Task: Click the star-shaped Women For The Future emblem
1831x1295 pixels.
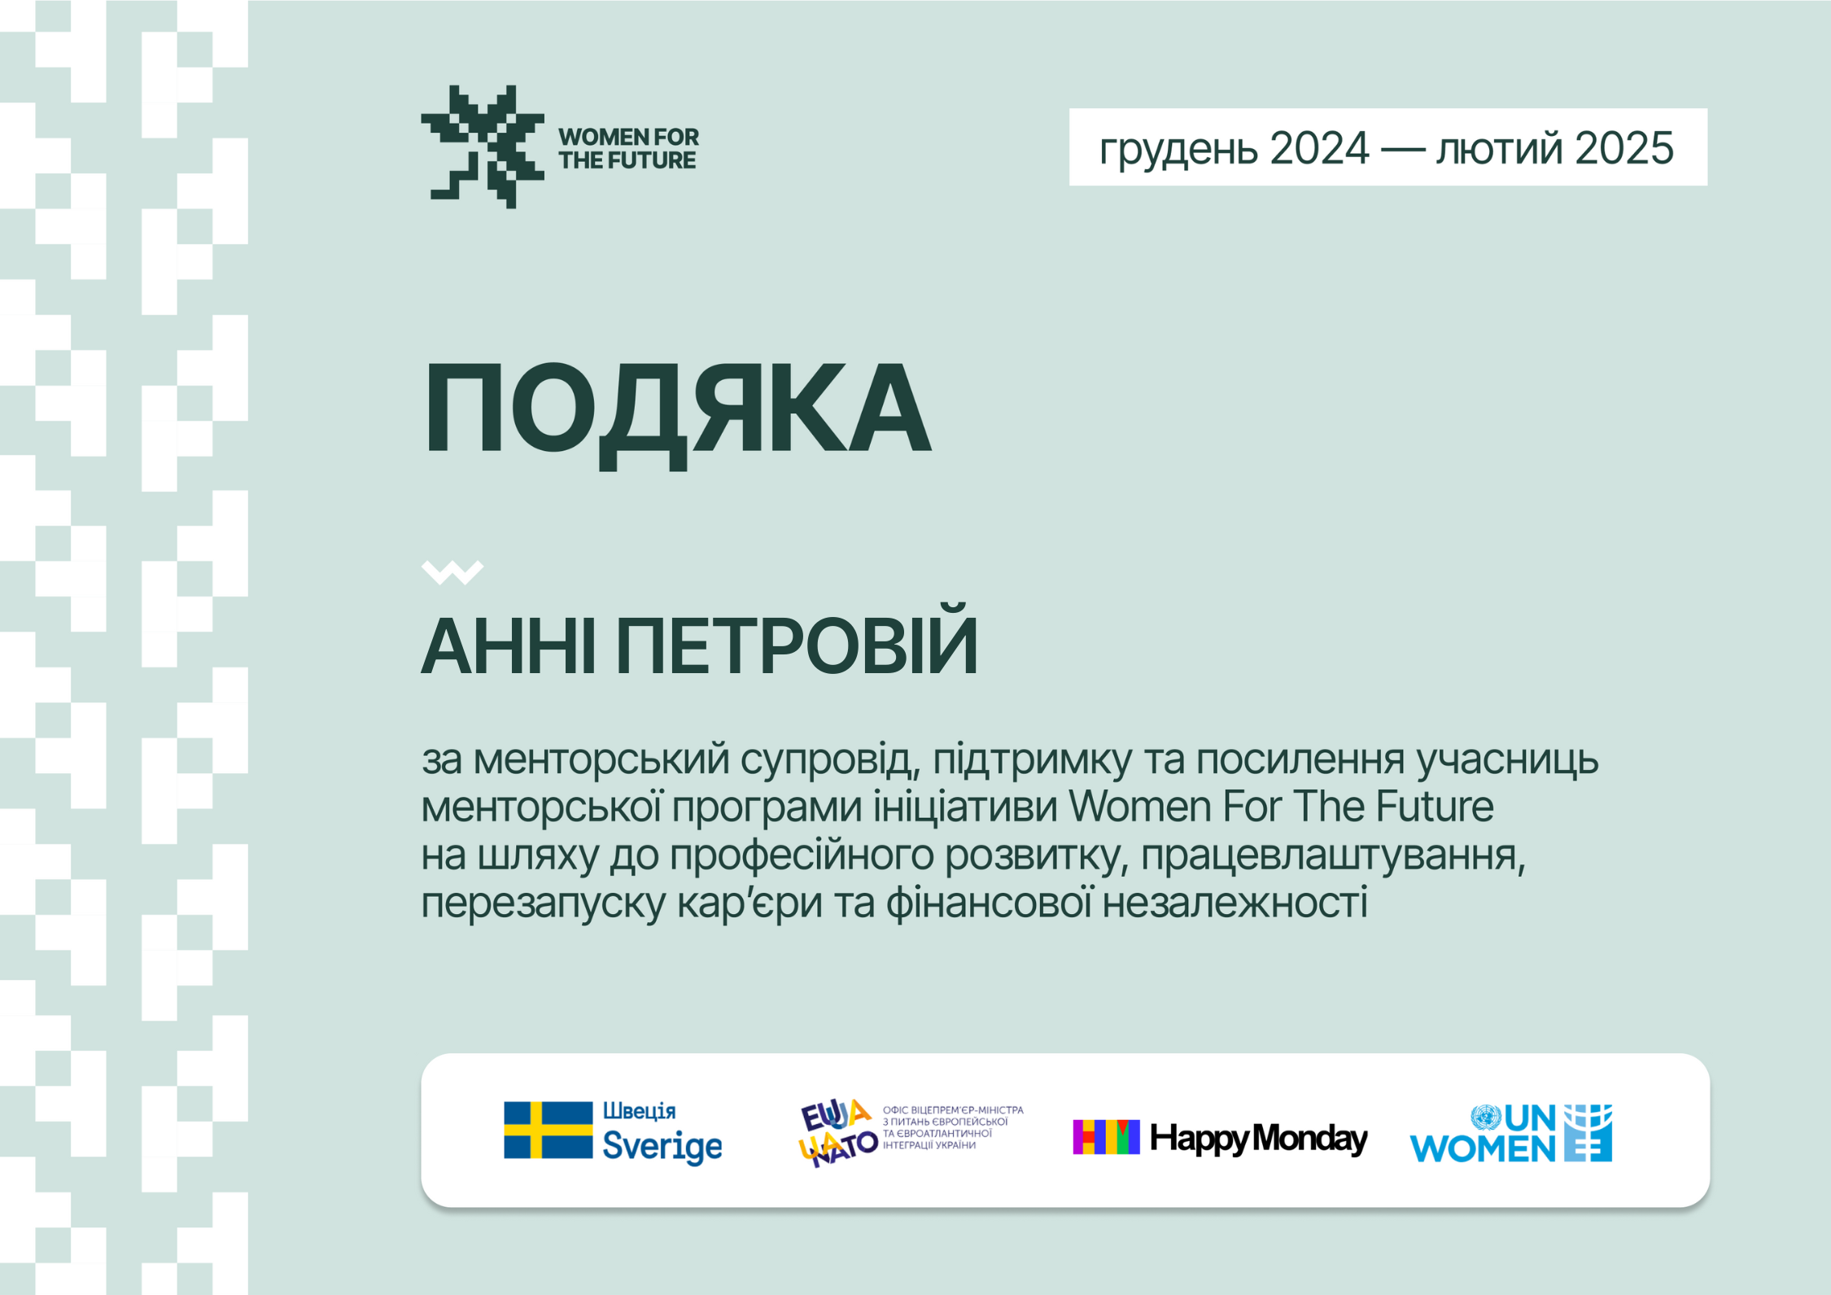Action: click(x=483, y=147)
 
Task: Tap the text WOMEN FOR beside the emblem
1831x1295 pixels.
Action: click(x=628, y=137)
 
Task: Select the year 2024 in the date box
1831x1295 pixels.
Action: click(x=1319, y=148)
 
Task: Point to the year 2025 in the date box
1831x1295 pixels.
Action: click(x=1624, y=148)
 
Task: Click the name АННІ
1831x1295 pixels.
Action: click(x=509, y=647)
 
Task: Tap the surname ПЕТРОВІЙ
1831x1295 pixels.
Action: click(x=797, y=641)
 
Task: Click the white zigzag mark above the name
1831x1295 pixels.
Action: click(x=452, y=572)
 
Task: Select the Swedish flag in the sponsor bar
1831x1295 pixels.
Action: click(x=548, y=1130)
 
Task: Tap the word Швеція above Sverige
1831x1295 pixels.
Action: click(x=640, y=1112)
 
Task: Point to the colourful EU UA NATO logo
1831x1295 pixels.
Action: click(x=838, y=1132)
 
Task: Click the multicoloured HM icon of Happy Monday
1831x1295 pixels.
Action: click(x=1106, y=1137)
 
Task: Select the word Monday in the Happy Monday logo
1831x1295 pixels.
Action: click(x=1309, y=1139)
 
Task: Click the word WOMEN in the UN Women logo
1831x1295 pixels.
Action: click(x=1483, y=1148)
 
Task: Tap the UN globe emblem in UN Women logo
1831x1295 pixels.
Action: click(x=1486, y=1118)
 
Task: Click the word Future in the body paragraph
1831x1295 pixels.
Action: click(x=1435, y=807)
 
